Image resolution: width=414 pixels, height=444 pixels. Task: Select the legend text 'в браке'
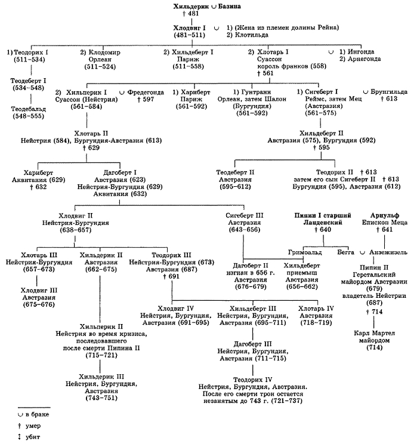tap(38, 414)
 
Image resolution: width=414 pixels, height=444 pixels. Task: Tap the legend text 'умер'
tap(33, 425)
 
